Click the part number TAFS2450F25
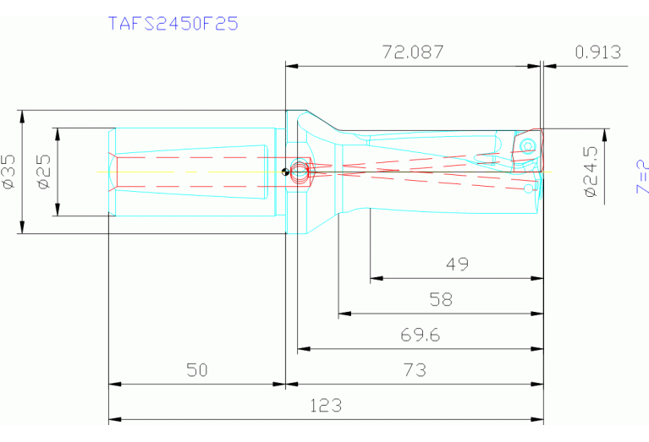(x=173, y=23)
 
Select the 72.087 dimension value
(x=413, y=52)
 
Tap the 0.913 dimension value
(x=597, y=52)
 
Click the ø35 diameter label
(x=9, y=171)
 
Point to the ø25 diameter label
(x=43, y=171)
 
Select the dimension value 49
(x=457, y=265)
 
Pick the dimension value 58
(x=441, y=300)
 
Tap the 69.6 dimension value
(x=420, y=336)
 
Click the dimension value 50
(x=196, y=370)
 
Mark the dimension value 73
(x=415, y=370)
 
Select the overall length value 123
(x=326, y=406)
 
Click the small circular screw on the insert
(x=529, y=145)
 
